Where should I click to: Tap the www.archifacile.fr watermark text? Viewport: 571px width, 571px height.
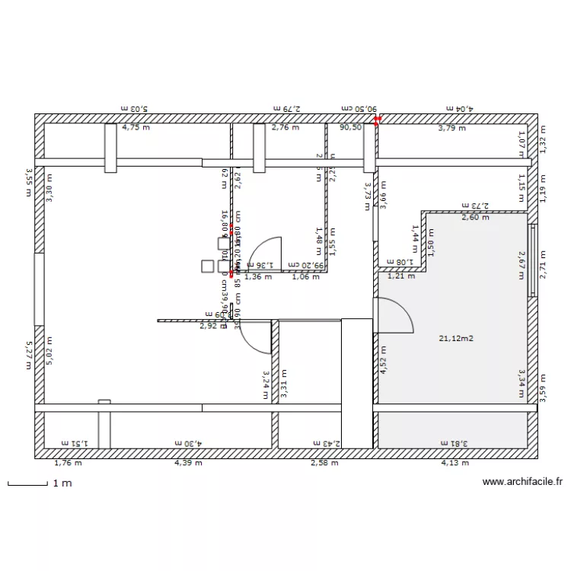tap(522, 482)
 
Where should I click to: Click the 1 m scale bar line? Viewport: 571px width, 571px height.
tap(27, 483)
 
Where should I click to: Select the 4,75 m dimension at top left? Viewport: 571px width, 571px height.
tap(136, 128)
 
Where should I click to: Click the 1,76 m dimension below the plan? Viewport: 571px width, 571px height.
tap(67, 462)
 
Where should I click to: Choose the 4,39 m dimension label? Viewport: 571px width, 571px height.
tap(187, 462)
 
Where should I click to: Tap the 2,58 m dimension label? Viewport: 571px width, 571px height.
tap(324, 462)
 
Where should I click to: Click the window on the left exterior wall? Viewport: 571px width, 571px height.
tap(38, 288)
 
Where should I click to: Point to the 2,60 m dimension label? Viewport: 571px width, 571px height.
tap(475, 218)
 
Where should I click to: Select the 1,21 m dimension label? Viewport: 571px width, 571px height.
tap(401, 276)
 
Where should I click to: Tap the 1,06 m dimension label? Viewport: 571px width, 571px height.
tap(305, 276)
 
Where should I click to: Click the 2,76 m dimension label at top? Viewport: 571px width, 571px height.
tap(285, 128)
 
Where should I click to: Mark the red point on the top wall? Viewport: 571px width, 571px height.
tap(378, 118)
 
